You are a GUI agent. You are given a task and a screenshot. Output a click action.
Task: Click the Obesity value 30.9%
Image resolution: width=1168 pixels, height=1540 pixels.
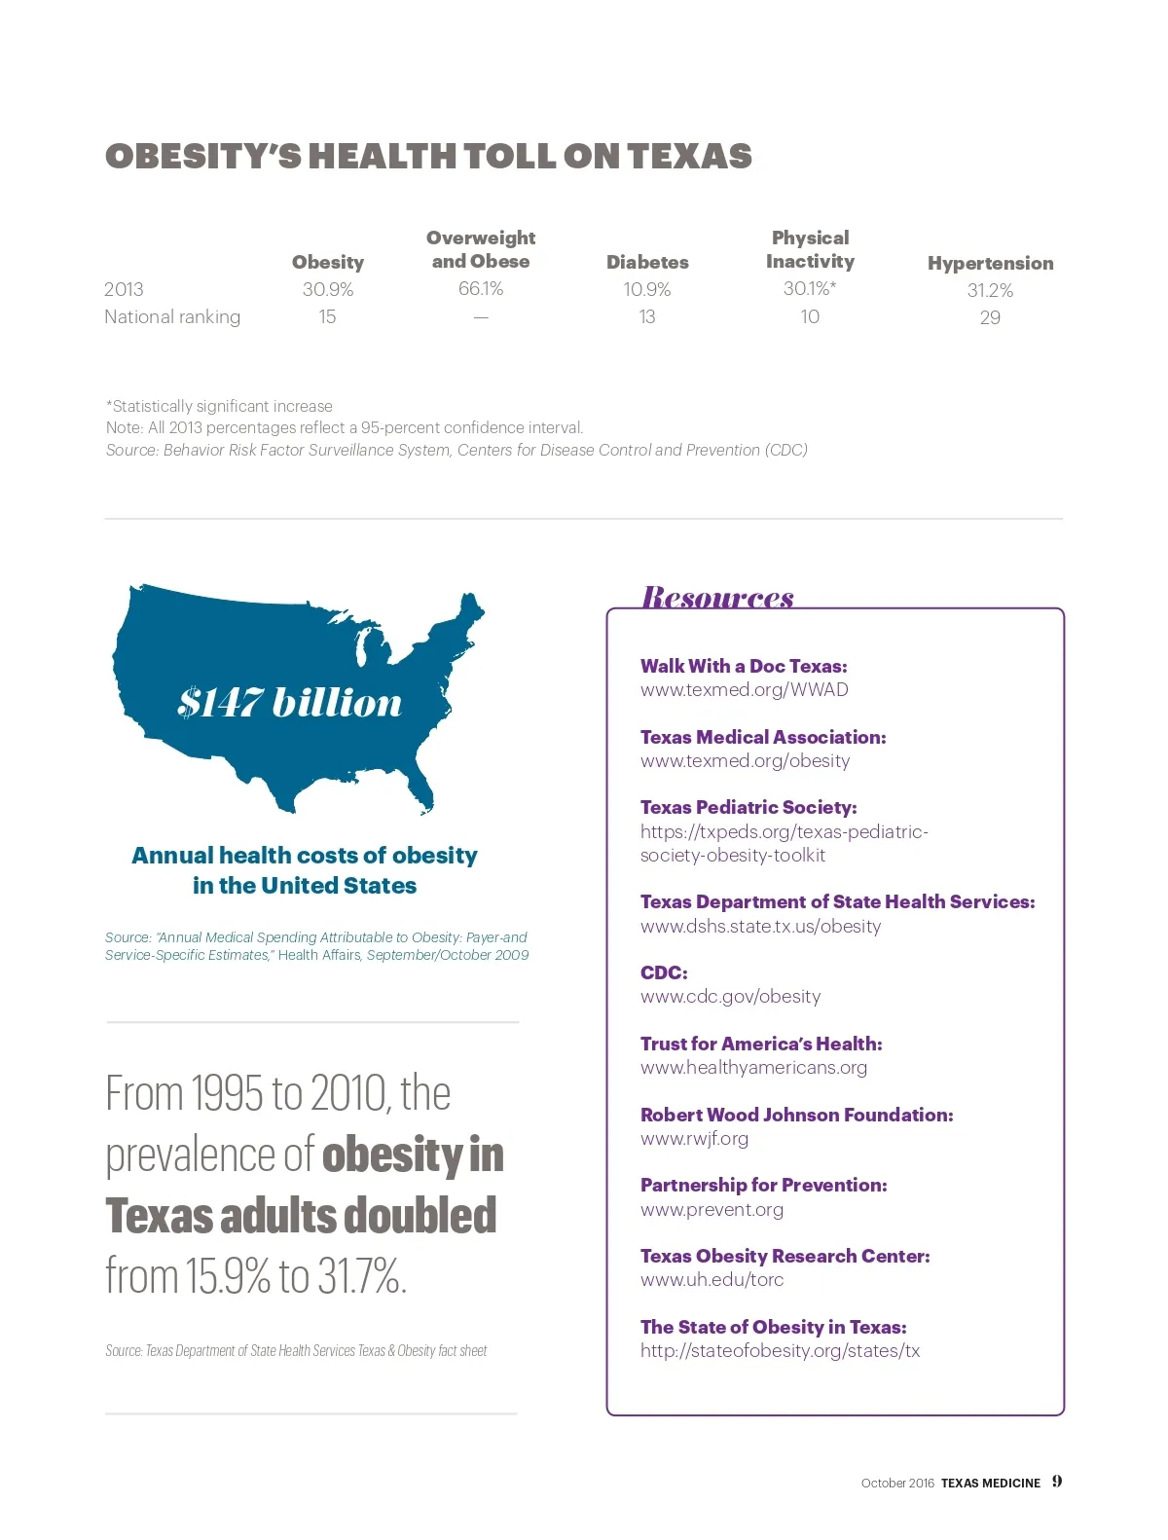click(328, 289)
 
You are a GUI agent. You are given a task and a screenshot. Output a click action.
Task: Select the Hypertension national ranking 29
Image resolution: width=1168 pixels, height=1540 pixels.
click(990, 317)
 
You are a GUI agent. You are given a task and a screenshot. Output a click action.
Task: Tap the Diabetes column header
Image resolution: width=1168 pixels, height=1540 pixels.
click(647, 262)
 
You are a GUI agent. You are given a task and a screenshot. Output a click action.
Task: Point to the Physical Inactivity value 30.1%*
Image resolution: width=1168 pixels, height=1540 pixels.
click(810, 288)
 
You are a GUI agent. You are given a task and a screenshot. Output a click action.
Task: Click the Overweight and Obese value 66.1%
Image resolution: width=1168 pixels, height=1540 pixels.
click(481, 288)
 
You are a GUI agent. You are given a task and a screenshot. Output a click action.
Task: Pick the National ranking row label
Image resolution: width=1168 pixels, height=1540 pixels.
click(172, 316)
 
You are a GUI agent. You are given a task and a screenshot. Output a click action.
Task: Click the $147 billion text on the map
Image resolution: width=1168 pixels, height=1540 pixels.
click(289, 702)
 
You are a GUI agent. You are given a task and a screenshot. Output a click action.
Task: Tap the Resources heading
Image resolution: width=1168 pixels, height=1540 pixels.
click(717, 596)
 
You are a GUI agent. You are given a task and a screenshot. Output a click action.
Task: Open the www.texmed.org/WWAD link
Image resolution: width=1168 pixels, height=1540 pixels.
click(745, 689)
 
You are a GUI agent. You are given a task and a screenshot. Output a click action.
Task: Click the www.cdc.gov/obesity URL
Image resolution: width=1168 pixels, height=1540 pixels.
click(730, 996)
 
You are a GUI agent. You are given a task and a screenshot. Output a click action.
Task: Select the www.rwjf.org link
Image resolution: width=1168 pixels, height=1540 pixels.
click(694, 1138)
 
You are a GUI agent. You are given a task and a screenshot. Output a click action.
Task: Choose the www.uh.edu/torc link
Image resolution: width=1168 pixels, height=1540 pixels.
click(712, 1279)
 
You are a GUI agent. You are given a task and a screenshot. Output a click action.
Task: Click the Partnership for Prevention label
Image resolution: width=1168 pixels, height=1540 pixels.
click(764, 1185)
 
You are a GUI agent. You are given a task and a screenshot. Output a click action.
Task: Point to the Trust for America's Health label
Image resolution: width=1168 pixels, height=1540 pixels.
click(761, 1044)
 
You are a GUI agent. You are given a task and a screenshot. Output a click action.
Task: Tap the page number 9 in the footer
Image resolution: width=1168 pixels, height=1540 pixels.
click(1057, 1482)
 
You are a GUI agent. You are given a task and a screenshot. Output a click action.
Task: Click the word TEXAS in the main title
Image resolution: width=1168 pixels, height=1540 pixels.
click(689, 157)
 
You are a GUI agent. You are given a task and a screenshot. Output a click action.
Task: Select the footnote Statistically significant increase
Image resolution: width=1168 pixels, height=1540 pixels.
click(219, 406)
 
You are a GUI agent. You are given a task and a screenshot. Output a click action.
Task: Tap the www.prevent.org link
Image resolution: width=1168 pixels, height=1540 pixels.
click(712, 1209)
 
